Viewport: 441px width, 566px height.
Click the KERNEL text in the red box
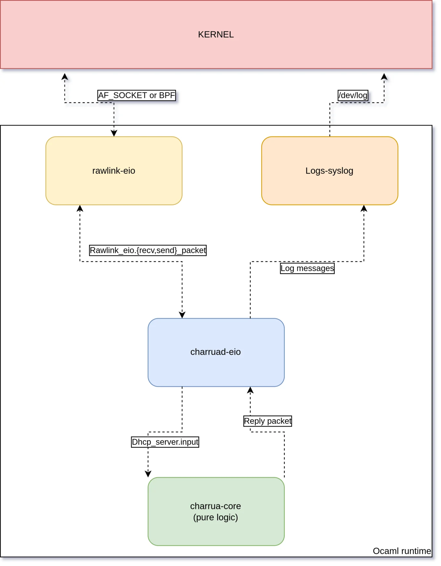pos(216,34)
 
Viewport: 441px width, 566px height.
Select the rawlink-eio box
pos(114,171)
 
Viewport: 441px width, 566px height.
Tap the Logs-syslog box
pos(329,171)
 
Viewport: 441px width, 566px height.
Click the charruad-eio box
pos(216,352)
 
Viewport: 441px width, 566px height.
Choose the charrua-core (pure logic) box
pos(216,511)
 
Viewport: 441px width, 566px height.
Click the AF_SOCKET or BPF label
pos(137,95)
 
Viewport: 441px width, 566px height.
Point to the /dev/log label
pos(353,95)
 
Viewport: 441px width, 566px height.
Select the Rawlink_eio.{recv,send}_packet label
pos(148,250)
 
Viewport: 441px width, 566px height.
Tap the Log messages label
pos(307,268)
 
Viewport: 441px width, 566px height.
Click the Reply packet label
pos(268,421)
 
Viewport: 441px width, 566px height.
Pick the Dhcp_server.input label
pos(165,442)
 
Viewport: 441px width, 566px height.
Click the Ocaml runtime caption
pos(402,551)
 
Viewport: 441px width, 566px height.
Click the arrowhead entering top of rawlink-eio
pos(114,133)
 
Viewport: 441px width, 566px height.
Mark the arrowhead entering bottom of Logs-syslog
pos(364,208)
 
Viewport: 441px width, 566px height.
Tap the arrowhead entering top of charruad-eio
pos(182,315)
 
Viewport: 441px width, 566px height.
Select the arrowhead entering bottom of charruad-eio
pos(250,390)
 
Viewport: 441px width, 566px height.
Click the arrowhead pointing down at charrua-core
pos(148,474)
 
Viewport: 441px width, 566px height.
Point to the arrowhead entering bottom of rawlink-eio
pos(80,208)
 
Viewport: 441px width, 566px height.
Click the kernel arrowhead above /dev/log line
pos(384,77)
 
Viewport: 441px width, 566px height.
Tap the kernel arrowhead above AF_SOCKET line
pos(65,77)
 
